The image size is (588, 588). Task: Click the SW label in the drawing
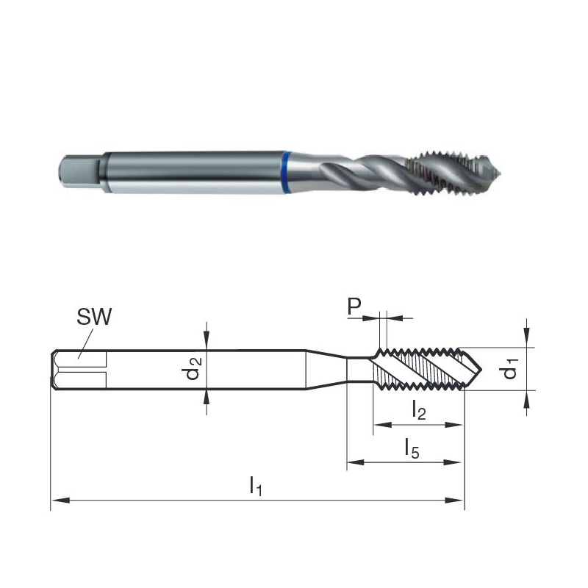pyautogui.click(x=94, y=317)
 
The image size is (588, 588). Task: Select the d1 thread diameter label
pyautogui.click(x=509, y=368)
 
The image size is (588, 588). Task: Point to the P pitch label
pyautogui.click(x=354, y=306)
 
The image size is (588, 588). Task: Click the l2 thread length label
pyautogui.click(x=418, y=409)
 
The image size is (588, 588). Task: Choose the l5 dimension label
pyautogui.click(x=412, y=448)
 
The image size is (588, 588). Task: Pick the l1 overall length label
pyautogui.click(x=256, y=486)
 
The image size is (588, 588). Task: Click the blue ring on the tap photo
pyautogui.click(x=287, y=173)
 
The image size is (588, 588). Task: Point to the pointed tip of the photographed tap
pyautogui.click(x=501, y=173)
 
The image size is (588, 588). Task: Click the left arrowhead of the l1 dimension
pyautogui.click(x=60, y=501)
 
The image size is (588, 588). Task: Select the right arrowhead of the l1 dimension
pyautogui.click(x=454, y=501)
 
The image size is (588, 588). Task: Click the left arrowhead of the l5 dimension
pyautogui.click(x=356, y=462)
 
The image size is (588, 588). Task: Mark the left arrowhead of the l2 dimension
pyautogui.click(x=383, y=425)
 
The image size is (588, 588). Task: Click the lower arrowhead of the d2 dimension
pyautogui.click(x=207, y=398)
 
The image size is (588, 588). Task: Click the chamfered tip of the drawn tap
pyautogui.click(x=473, y=369)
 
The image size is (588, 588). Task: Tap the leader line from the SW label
pyautogui.click(x=85, y=343)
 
